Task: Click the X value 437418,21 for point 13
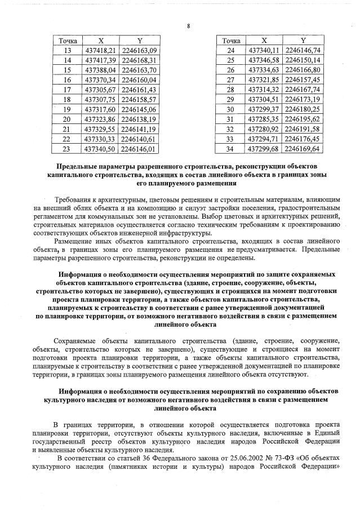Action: (100, 51)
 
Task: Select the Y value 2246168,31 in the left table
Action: (138, 60)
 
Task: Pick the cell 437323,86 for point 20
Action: (100, 119)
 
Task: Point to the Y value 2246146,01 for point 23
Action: (138, 148)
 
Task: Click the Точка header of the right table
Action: (231, 41)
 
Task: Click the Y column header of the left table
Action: (138, 41)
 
